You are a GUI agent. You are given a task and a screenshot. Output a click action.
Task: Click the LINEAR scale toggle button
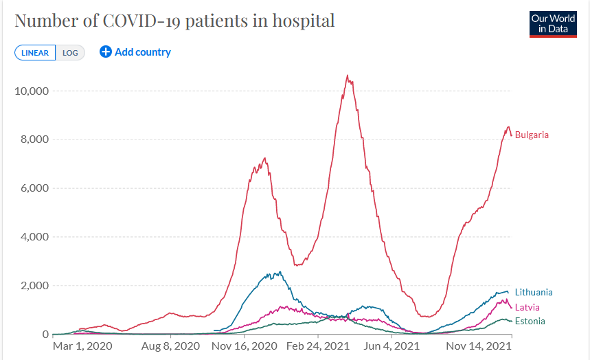pos(35,53)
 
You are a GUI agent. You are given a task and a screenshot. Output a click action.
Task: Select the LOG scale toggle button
pos(70,53)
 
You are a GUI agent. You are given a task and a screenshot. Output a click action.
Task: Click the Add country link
pos(142,52)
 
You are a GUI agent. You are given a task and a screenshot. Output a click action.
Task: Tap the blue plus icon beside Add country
pos(105,52)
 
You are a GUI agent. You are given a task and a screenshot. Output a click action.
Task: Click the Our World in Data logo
pos(553,24)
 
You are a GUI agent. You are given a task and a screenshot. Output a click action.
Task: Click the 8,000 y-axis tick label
pos(31,139)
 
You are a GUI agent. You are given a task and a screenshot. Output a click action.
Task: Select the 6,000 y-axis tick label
pos(31,188)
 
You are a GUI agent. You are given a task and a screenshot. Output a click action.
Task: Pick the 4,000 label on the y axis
pos(31,237)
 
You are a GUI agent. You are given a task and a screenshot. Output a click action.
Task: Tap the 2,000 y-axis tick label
pos(31,286)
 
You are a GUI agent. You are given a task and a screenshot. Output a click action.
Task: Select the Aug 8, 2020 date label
pos(171,346)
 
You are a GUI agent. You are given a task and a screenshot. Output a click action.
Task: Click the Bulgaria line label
pos(532,135)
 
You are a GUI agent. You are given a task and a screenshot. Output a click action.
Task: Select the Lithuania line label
pos(533,293)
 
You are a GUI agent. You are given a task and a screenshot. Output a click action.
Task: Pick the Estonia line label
pos(530,321)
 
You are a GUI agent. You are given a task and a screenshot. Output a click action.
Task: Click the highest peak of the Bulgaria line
pos(348,76)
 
